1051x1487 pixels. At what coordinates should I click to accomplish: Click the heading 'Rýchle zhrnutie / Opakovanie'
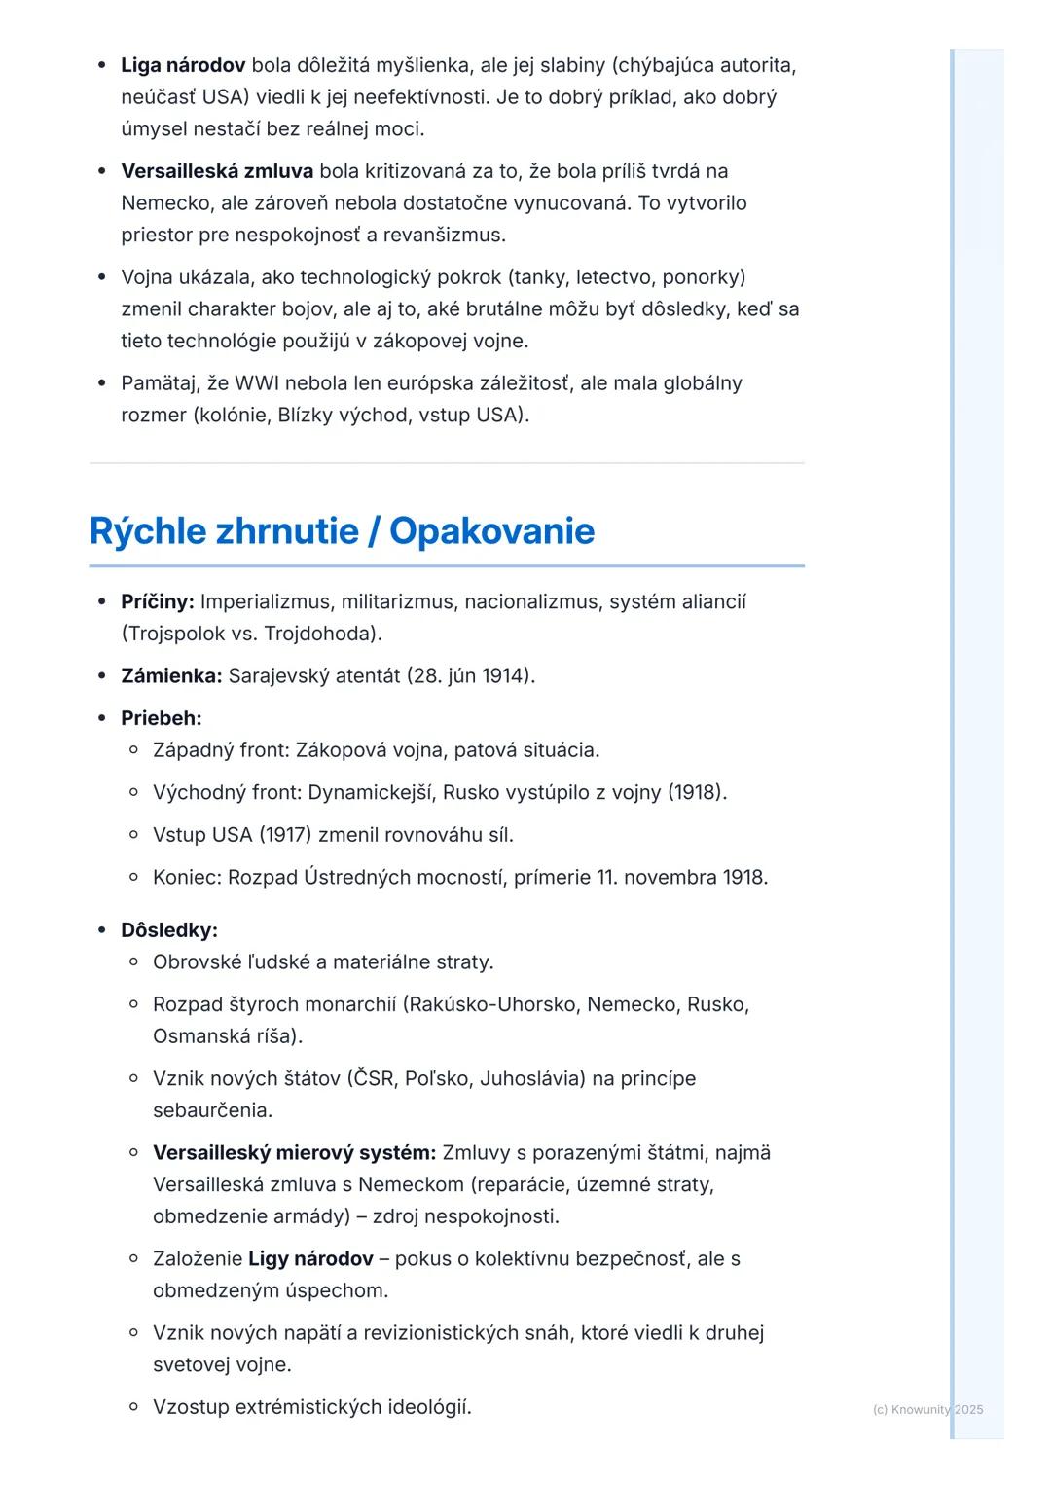(342, 531)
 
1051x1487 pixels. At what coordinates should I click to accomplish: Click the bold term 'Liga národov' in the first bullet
(183, 65)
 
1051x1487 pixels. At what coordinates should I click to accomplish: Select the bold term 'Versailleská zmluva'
(217, 171)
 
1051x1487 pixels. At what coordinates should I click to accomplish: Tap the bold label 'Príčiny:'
(158, 601)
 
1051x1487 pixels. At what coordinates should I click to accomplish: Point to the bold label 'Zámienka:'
(171, 675)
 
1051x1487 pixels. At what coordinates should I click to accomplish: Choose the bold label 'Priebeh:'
(162, 718)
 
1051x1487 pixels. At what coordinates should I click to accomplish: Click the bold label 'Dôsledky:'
(169, 930)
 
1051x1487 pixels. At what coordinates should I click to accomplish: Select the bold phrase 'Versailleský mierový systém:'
(294, 1152)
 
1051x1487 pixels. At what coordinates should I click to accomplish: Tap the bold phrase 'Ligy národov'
(310, 1258)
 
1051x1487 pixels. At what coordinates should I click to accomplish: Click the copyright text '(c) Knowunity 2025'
(927, 1409)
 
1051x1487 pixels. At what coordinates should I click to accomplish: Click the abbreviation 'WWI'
(257, 383)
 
